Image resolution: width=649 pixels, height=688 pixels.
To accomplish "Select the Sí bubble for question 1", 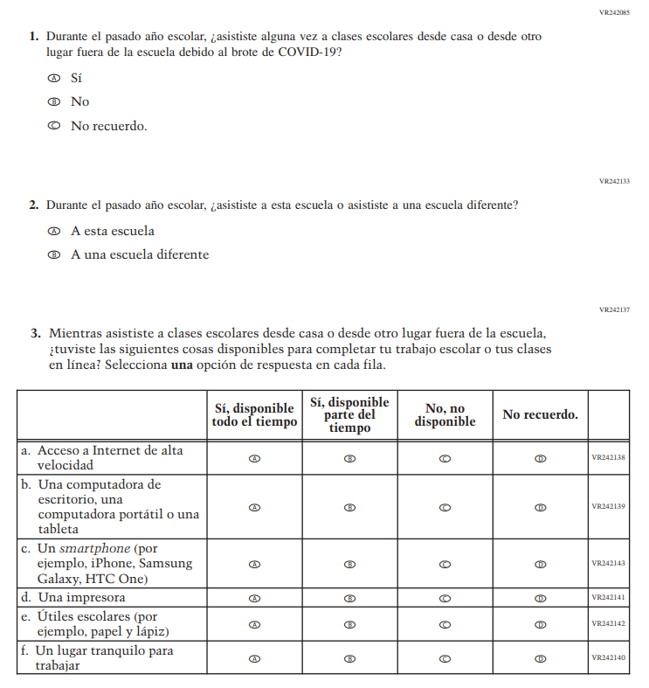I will pos(54,78).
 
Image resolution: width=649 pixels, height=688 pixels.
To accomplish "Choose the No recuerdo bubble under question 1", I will pos(54,126).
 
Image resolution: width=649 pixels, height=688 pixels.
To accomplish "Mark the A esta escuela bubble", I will pos(54,232).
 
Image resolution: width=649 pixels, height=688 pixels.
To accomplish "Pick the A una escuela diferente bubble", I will pos(54,255).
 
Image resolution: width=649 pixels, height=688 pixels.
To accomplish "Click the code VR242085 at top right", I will pos(614,13).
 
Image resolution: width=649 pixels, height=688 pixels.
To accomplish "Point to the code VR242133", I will pos(614,181).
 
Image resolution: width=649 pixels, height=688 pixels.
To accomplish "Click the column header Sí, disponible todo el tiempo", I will pos(254,415).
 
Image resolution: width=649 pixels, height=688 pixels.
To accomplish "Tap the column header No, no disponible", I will pos(445,415).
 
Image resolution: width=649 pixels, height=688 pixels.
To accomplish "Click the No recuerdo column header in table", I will pos(540,415).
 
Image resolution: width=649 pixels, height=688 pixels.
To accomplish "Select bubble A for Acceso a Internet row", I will pos(255,458).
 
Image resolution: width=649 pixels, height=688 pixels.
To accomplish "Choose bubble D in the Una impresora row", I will pos(540,599).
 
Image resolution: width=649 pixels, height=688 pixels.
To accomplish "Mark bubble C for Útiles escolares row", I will pos(445,624).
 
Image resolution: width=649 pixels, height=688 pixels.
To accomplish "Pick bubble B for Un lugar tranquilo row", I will pos(349,657).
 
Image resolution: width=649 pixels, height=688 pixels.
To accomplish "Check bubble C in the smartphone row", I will pos(445,564).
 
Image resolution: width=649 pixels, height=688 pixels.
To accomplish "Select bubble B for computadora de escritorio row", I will pos(349,507).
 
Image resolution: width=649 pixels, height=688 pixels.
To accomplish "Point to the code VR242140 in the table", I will pos(608,657).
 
